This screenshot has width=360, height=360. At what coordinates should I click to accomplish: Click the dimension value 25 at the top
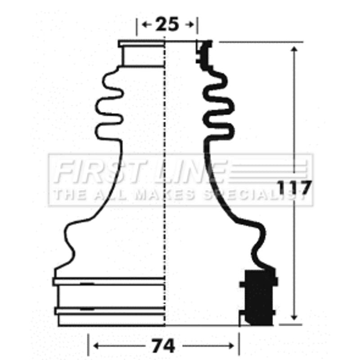coord(167,24)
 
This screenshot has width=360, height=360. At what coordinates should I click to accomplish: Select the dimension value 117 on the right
coord(294,187)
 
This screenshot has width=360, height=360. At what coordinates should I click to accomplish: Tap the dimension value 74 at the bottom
coord(163,346)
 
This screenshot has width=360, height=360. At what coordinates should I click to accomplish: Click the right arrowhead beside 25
coord(191,24)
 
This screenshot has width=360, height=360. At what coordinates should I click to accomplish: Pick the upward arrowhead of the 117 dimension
coord(294,49)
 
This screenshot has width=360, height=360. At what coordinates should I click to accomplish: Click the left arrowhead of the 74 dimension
coord(96,346)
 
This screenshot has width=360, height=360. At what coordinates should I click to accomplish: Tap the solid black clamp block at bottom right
coord(259,297)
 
